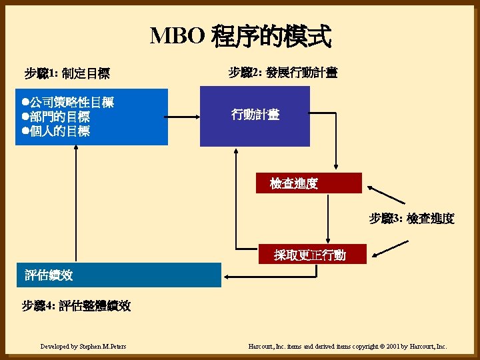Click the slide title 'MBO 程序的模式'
pyautogui.click(x=240, y=36)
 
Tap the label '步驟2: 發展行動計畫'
pyautogui.click(x=283, y=72)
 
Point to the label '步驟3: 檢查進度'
pyautogui.click(x=412, y=218)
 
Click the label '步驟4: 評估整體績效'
pyautogui.click(x=76, y=306)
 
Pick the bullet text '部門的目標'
pyautogui.click(x=59, y=117)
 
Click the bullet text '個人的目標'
pyautogui.click(x=59, y=131)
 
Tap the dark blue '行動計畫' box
pyautogui.click(x=255, y=115)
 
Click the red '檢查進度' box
pyautogui.click(x=308, y=183)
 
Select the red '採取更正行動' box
pyautogui.click(x=309, y=254)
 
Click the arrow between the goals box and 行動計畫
pyautogui.click(x=184, y=116)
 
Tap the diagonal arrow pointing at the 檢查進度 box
pyautogui.click(x=387, y=195)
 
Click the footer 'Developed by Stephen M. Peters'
pyautogui.click(x=83, y=347)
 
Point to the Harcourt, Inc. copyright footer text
pyautogui.click(x=347, y=347)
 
